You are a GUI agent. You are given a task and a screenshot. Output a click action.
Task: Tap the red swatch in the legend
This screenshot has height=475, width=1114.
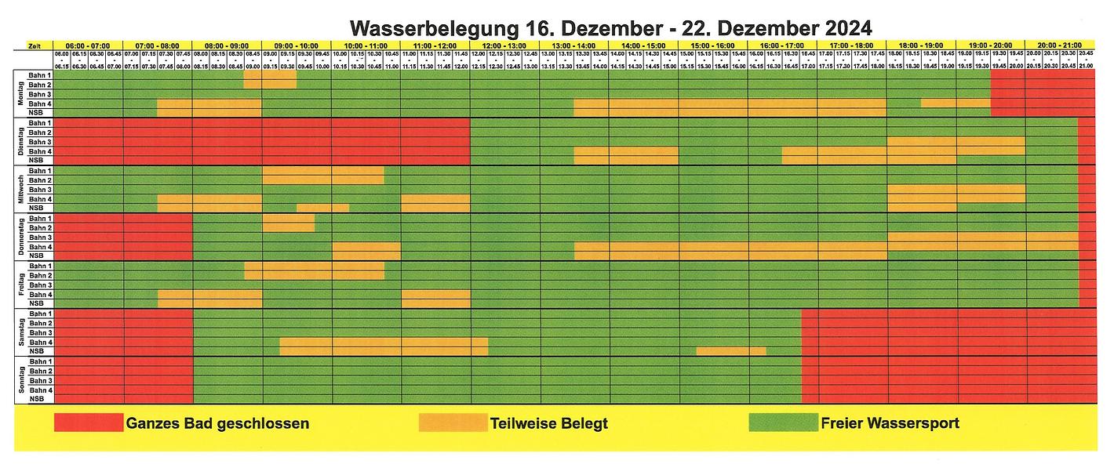89,423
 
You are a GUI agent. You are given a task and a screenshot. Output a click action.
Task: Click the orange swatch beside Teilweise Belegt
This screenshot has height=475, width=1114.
453,423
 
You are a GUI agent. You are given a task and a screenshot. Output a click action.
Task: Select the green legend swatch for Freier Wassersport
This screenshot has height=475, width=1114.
783,423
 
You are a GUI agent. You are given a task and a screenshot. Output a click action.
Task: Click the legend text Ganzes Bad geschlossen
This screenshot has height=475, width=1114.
217,423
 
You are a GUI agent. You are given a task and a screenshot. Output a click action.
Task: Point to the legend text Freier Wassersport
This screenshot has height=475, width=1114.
890,423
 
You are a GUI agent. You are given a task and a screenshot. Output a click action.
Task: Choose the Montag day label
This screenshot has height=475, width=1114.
20,94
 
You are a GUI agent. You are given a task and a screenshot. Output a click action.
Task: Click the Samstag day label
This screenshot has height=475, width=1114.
20,332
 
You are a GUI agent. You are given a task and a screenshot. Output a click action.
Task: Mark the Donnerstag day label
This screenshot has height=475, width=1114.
20,237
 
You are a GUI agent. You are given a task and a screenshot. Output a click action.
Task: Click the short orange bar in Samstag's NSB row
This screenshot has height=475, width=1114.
730,351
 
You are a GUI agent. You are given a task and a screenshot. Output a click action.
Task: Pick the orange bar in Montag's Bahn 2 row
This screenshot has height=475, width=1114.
270,85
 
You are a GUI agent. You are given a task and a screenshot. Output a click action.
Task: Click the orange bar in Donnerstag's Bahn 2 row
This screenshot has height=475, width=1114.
288,227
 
